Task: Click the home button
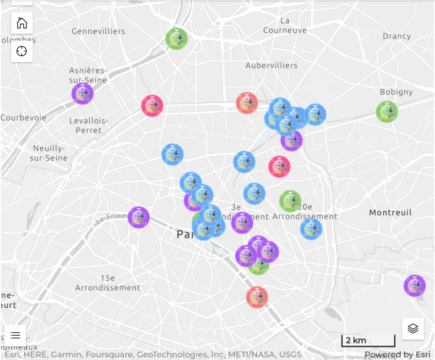click(x=22, y=23)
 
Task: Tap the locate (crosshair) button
click(x=22, y=51)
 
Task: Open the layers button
click(x=413, y=329)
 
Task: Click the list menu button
click(x=15, y=335)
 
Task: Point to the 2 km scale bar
click(x=368, y=340)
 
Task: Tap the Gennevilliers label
click(x=98, y=31)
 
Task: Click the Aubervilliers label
click(x=271, y=65)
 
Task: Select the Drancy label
click(x=397, y=36)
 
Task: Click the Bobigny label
click(x=396, y=92)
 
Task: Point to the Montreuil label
click(x=390, y=212)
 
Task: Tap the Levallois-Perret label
click(x=89, y=125)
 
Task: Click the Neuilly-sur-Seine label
click(x=49, y=152)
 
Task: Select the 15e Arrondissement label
click(x=108, y=283)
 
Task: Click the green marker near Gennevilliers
click(x=176, y=39)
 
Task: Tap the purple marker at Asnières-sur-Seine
click(x=83, y=93)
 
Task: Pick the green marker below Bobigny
click(x=387, y=111)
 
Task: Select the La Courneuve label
click(x=285, y=25)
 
